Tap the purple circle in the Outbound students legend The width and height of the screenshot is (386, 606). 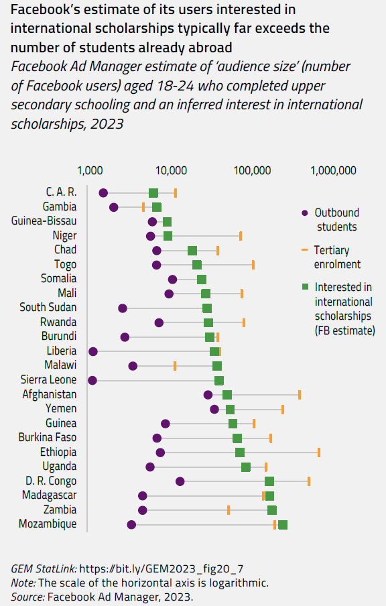click(304, 213)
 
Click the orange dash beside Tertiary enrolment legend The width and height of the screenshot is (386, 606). click(304, 249)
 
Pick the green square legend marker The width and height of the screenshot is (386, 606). click(304, 286)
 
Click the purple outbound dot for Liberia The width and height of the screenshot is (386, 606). click(93, 351)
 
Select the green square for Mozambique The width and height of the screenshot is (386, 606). click(283, 524)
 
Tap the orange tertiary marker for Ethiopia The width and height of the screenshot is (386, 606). click(319, 452)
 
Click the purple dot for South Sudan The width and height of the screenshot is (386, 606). click(123, 308)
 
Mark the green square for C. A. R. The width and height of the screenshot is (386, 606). click(153, 193)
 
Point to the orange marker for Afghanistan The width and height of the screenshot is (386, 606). click(300, 395)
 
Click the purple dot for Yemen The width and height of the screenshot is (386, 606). click(214, 409)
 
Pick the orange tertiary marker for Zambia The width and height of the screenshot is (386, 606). click(229, 510)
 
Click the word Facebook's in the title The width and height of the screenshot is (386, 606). click(43, 11)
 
